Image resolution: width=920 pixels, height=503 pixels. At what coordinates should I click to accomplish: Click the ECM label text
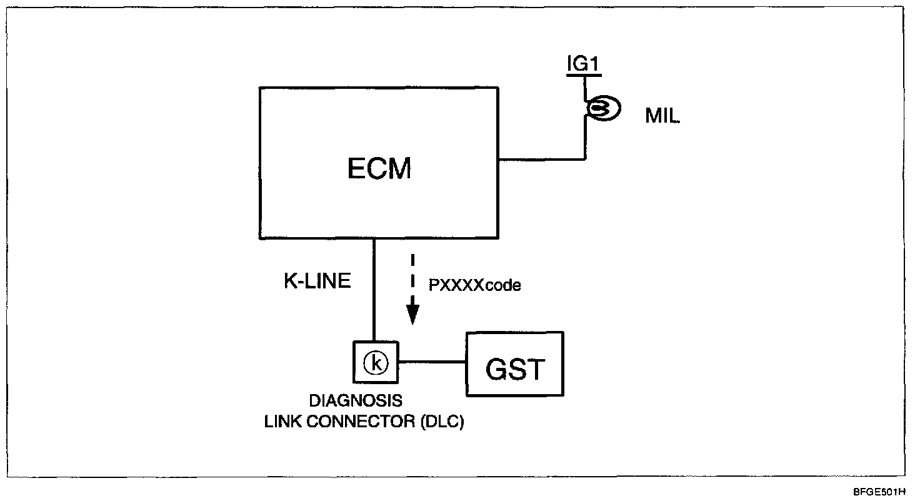coord(379,168)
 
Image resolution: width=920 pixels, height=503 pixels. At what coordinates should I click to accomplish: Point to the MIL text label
coord(662,117)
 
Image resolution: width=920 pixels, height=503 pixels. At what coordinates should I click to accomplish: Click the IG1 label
coord(584,64)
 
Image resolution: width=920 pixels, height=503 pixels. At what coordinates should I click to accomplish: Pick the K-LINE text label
coord(317,282)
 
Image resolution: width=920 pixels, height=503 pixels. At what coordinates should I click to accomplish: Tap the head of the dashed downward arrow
coord(412,315)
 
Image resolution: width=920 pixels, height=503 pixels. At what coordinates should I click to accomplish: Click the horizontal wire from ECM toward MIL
coord(542,158)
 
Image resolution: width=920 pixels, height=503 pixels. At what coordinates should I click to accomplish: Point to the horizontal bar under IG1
coord(584,75)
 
